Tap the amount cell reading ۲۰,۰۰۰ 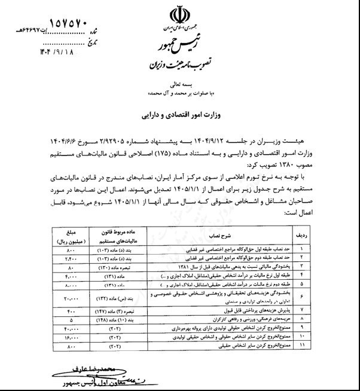(x=69, y=297)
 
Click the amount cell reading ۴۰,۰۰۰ (x=69, y=329)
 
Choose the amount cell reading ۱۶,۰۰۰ (x=69, y=337)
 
